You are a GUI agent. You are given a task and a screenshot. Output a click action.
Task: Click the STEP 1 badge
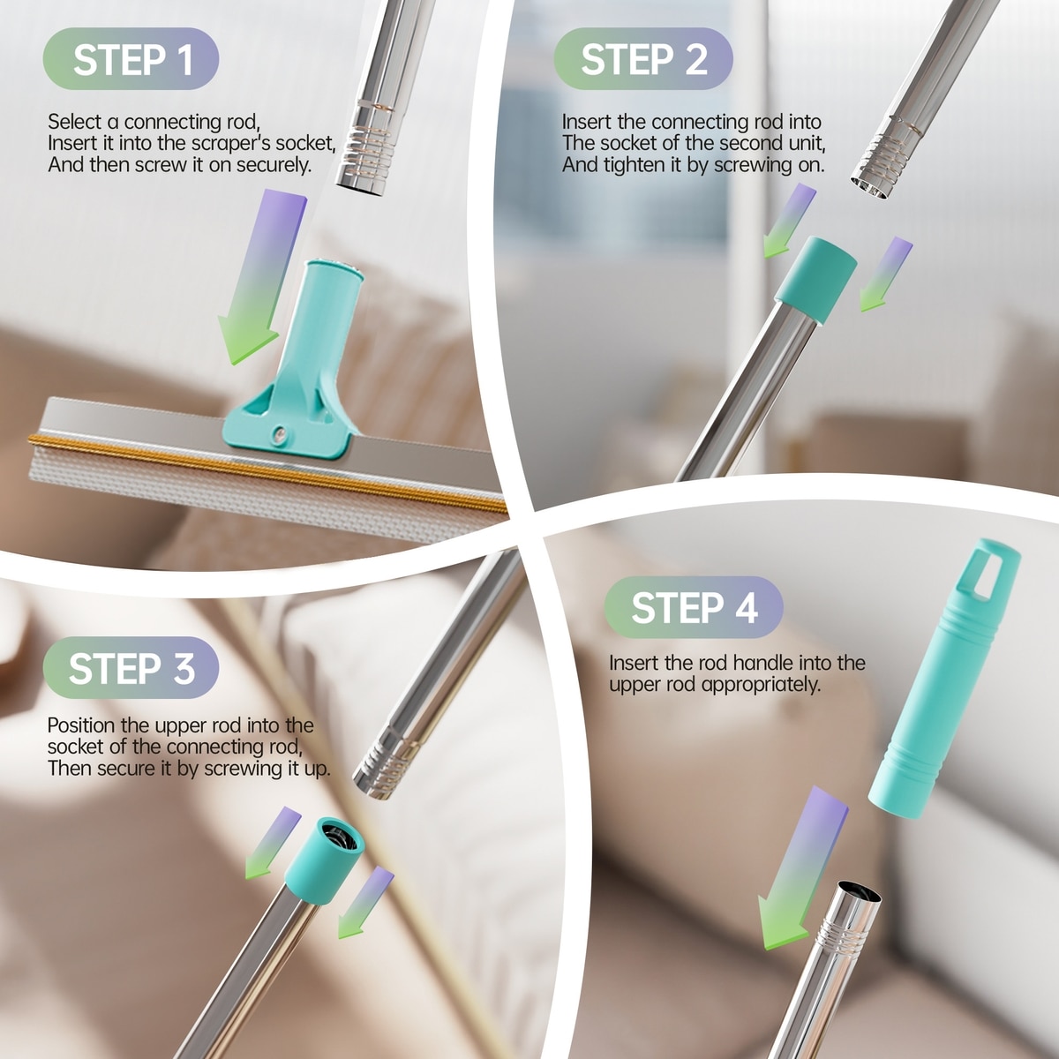131,59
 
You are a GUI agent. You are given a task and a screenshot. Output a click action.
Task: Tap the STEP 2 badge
643,59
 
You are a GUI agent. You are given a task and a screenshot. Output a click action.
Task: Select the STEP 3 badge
131,668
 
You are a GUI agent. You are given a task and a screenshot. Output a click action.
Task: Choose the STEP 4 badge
694,607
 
